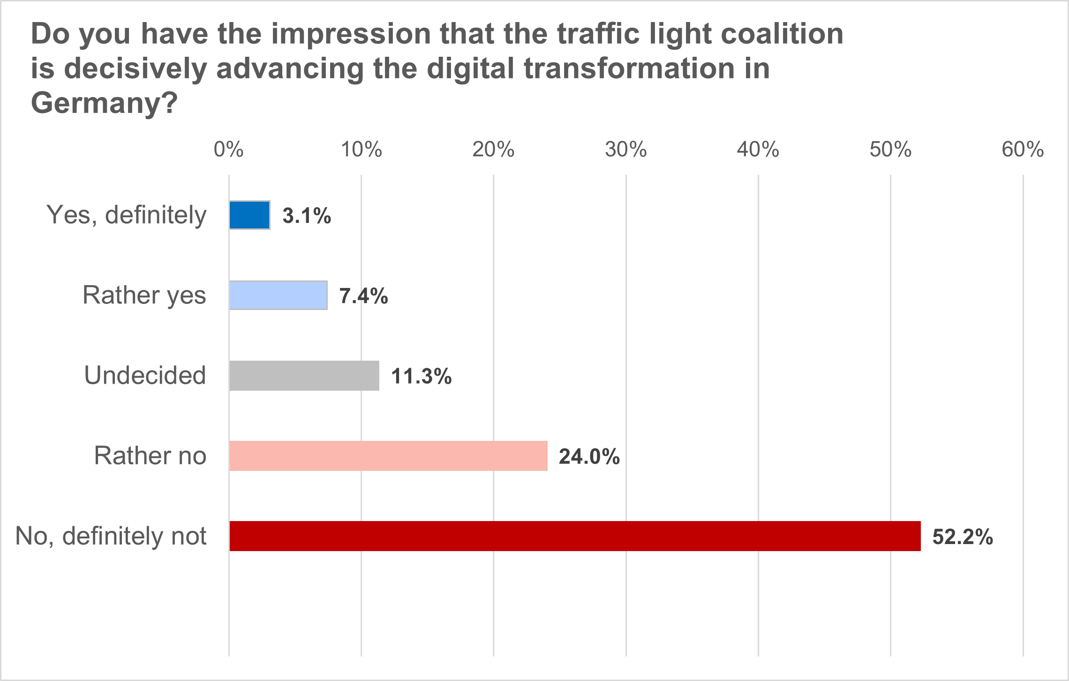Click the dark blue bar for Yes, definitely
pos(249,215)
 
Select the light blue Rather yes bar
pos(278,295)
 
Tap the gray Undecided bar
pos(304,376)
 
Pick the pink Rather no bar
pos(388,456)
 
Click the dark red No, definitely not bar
pos(575,536)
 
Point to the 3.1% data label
pos(307,216)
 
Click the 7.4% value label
pos(363,296)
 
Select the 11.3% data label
pos(421,377)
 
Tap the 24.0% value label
pos(589,457)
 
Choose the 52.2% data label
pos(962,537)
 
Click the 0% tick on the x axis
pos(228,150)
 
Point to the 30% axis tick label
pos(625,150)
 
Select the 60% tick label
pos(1023,150)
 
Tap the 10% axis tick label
pos(361,150)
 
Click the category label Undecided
pos(145,375)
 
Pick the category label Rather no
pos(150,455)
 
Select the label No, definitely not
pos(111,536)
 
